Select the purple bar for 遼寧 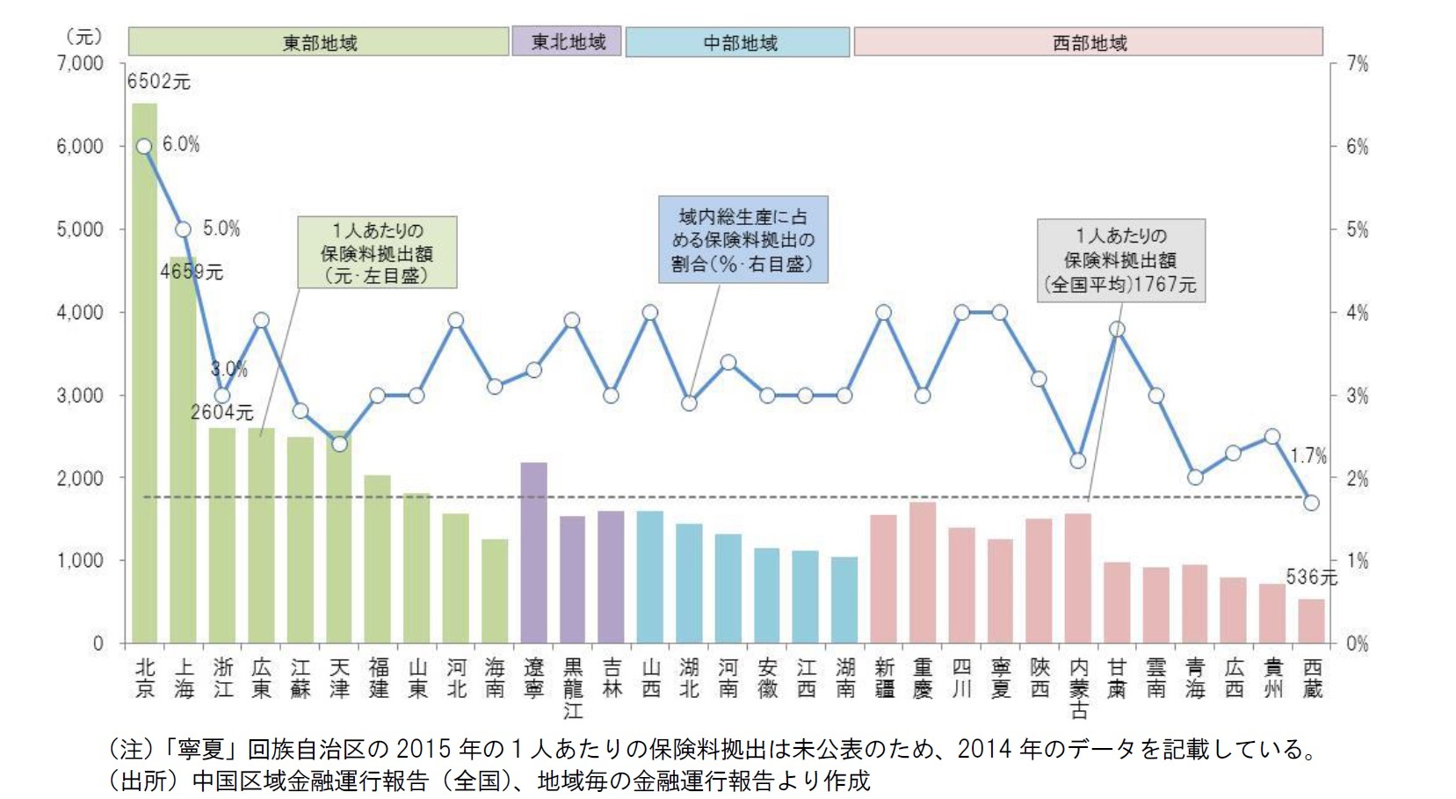coord(533,554)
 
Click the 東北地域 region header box coord(567,41)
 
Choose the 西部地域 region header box coord(1089,42)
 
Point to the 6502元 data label coord(158,82)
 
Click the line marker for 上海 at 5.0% coord(183,229)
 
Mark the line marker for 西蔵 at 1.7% coord(1311,503)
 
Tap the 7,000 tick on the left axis coord(81,64)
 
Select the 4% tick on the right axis coord(1357,313)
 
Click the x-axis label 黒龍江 coord(573,688)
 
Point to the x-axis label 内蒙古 coord(1078,688)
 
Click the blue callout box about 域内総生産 coord(743,239)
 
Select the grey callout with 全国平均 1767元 coord(1120,260)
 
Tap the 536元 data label coord(1310,577)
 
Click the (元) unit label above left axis coord(84,37)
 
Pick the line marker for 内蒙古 coord(1078,461)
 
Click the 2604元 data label coord(221,412)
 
